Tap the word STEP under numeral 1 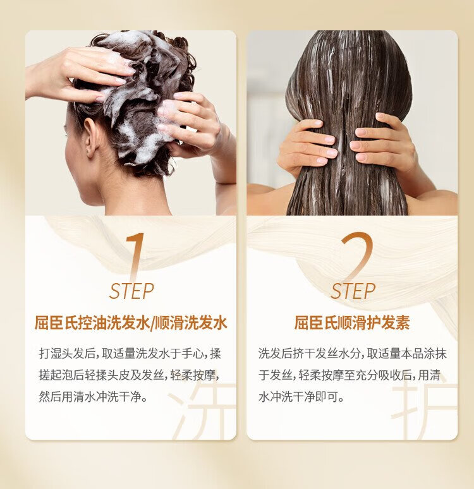pos(131,291)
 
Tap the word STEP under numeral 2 pos(353,291)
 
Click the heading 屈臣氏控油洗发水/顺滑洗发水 pos(131,323)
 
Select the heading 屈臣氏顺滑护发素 pos(352,323)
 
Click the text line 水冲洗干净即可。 pos(301,397)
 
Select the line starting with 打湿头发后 pos(130,354)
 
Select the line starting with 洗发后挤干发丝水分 pos(353,354)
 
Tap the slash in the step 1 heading pos(152,323)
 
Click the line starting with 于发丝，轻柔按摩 pos(349,375)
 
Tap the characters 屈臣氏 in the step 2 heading pos(317,323)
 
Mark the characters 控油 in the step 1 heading pos(92,323)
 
